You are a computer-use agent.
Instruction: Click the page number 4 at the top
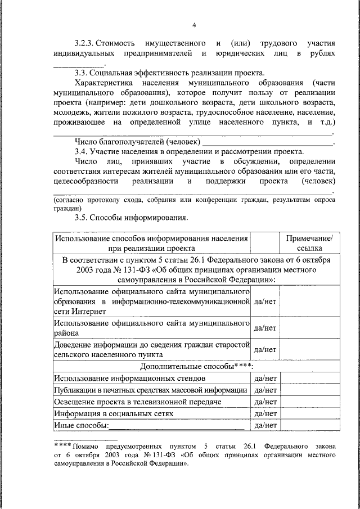pyautogui.click(x=194, y=25)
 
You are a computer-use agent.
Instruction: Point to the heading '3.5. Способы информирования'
pyautogui.click(x=132, y=218)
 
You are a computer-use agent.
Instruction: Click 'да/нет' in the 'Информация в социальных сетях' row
pyautogui.click(x=265, y=413)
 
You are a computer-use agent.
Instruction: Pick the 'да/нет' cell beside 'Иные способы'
pyautogui.click(x=265, y=425)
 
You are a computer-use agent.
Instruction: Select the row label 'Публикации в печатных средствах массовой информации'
pyautogui.click(x=151, y=390)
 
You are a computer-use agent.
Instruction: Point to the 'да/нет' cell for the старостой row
pyautogui.click(x=265, y=349)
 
